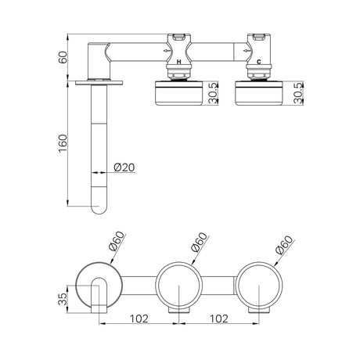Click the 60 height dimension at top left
tap(63, 57)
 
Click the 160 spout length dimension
tap(63, 143)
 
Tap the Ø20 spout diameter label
tap(124, 167)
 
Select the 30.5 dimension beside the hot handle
tap(214, 93)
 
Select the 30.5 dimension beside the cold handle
tap(298, 93)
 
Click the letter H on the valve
tap(178, 62)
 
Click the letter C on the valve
tap(259, 62)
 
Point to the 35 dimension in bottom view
tap(63, 299)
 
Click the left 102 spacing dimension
tap(139, 319)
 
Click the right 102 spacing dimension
tap(219, 319)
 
